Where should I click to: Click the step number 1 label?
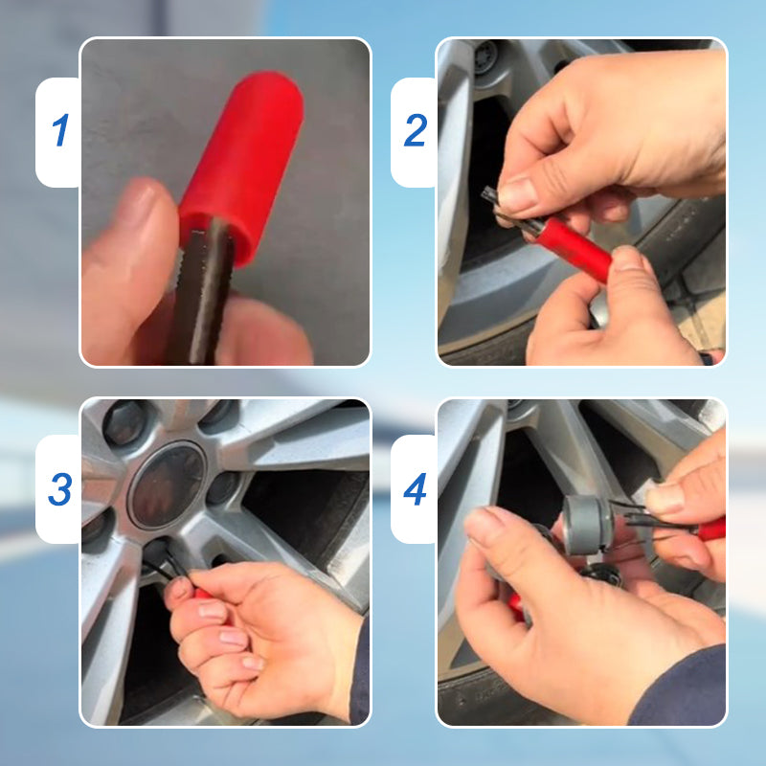click(x=60, y=131)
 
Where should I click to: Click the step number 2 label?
click(x=415, y=131)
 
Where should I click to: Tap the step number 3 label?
click(x=60, y=489)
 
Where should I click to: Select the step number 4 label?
click(x=415, y=489)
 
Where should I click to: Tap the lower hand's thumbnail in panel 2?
click(x=627, y=259)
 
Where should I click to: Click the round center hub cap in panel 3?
click(x=168, y=484)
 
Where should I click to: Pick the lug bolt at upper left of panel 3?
click(x=124, y=421)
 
